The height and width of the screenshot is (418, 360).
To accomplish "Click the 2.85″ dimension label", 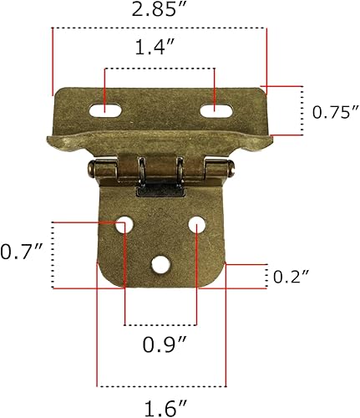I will (159, 11).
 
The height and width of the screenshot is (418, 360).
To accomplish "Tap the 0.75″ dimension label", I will (333, 111).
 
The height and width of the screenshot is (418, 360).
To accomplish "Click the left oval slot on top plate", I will (107, 108).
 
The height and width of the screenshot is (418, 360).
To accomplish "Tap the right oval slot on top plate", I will (215, 108).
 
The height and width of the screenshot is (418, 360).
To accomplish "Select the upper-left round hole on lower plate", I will (124, 224).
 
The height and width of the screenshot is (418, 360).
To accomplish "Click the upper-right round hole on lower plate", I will (196, 224).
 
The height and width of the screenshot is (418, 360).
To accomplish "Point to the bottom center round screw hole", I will (159, 265).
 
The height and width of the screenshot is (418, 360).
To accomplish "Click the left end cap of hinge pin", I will (90, 172).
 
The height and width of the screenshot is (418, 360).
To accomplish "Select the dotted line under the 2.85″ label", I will (159, 29).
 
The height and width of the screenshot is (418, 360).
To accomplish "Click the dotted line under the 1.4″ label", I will (159, 69).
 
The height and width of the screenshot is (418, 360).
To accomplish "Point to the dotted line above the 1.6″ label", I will (162, 386).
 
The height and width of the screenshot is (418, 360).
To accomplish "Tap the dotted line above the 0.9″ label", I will (160, 324).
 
